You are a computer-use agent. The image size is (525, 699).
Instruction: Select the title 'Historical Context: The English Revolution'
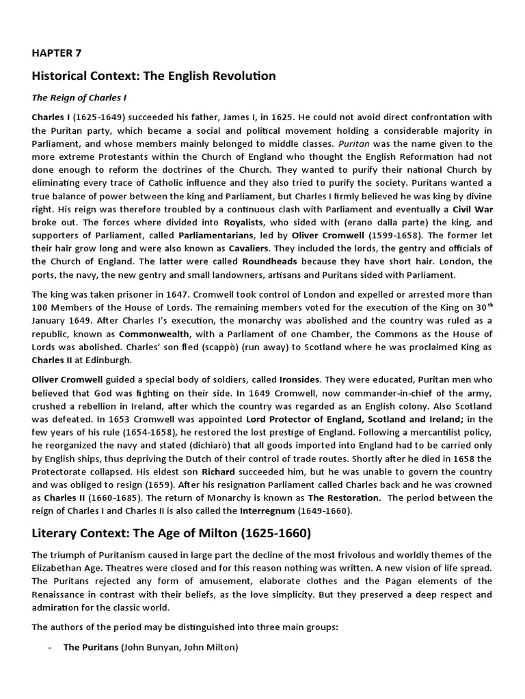click(154, 76)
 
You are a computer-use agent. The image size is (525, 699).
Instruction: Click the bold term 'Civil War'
click(472, 208)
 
